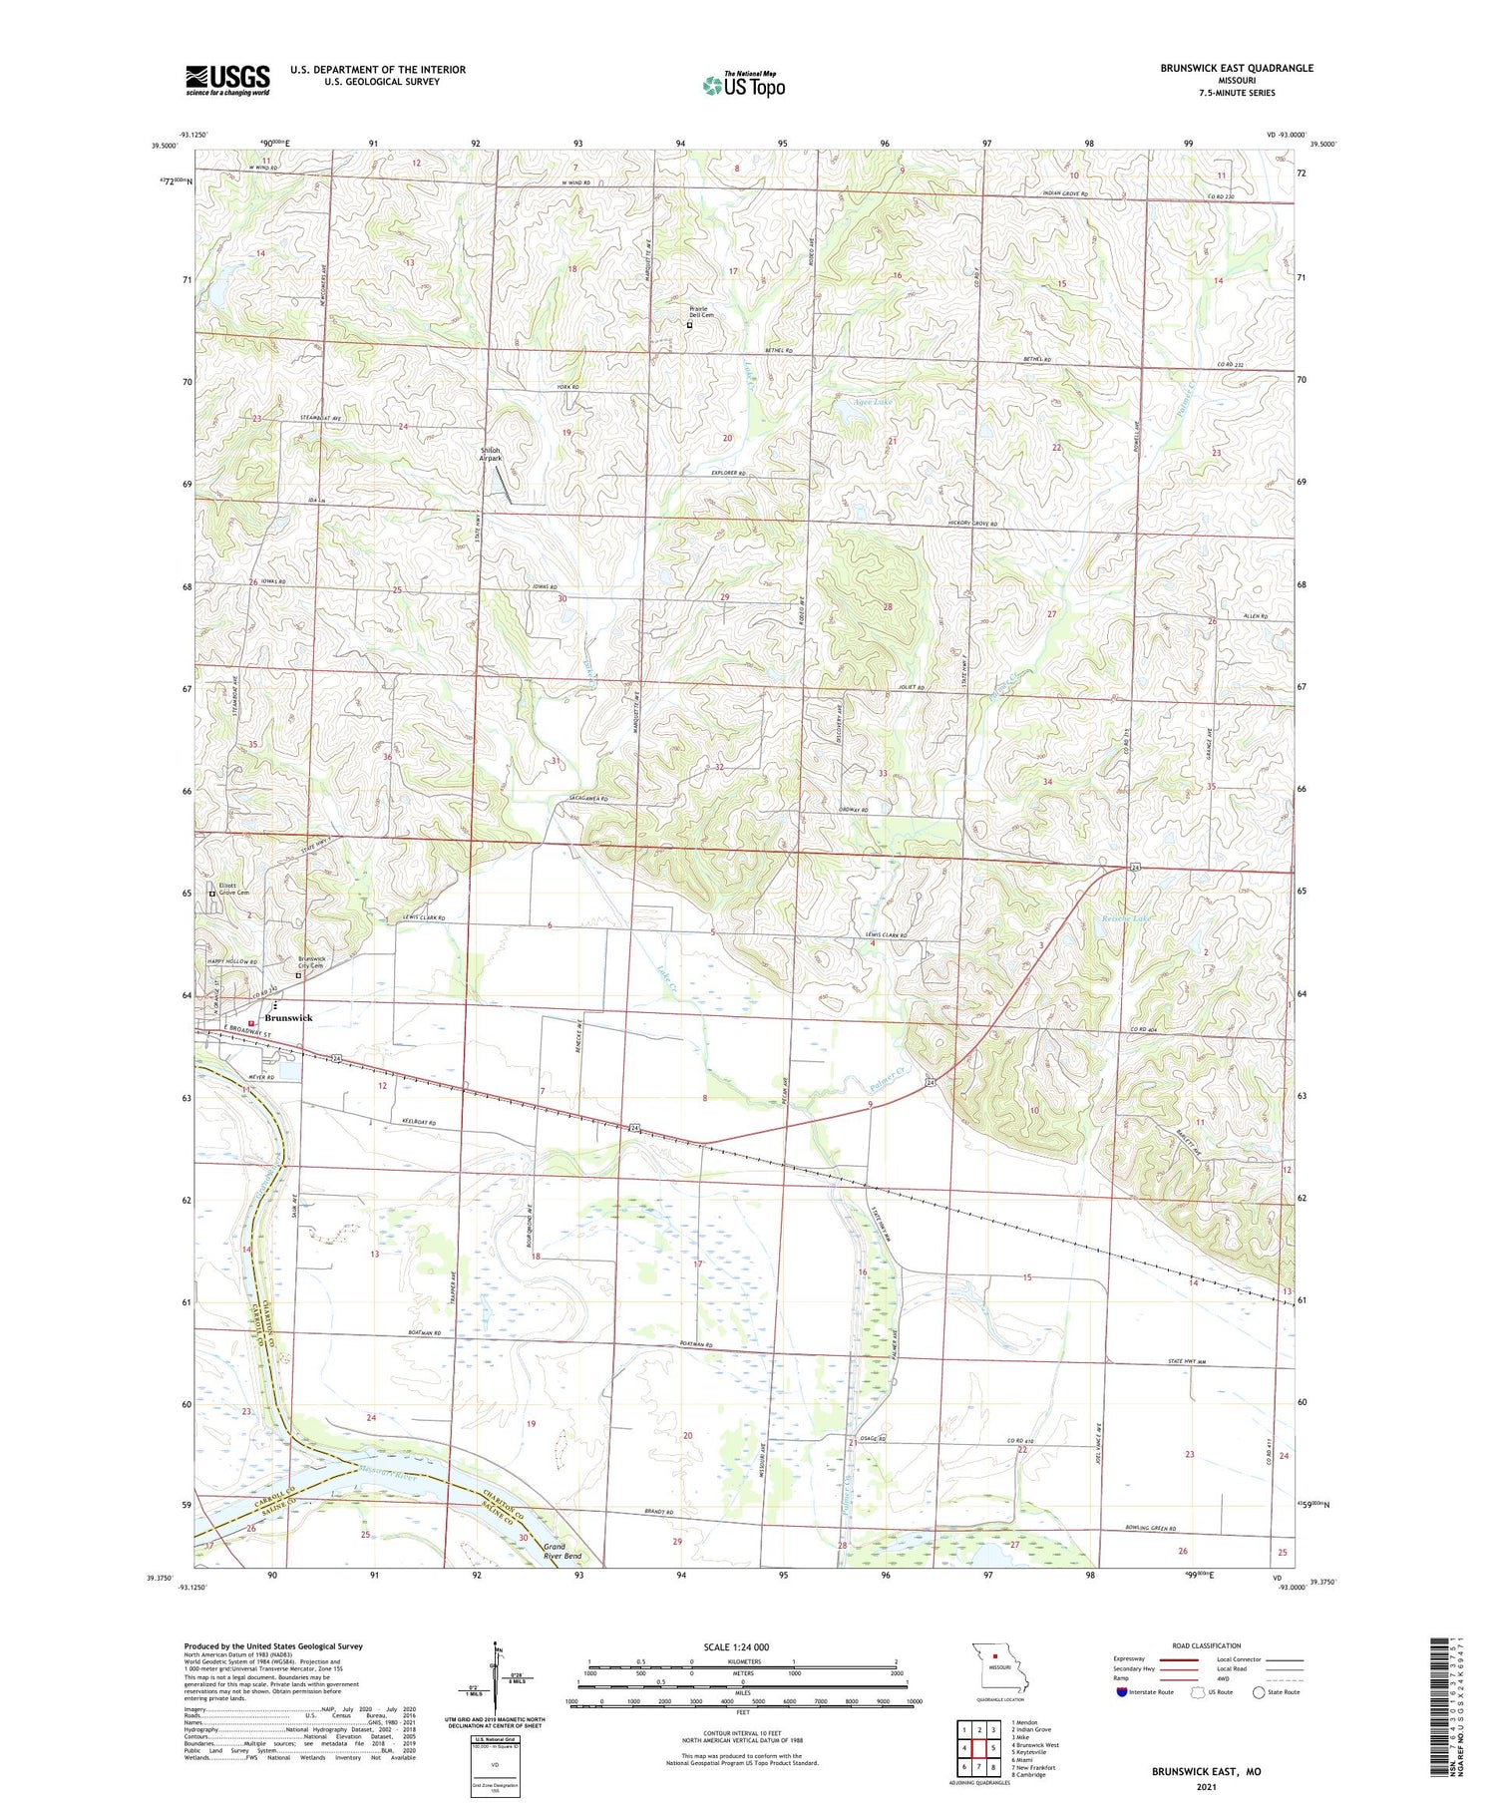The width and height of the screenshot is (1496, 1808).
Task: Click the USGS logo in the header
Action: point(227,80)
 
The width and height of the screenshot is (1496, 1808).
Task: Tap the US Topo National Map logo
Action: point(743,85)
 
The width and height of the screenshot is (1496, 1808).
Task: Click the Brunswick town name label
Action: point(288,1018)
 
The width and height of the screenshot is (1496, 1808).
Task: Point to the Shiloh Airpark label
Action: point(490,454)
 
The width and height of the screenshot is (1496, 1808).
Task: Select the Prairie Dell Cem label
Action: point(703,313)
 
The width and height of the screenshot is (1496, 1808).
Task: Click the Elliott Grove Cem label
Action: point(234,889)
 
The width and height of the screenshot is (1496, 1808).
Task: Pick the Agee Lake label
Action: point(872,402)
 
